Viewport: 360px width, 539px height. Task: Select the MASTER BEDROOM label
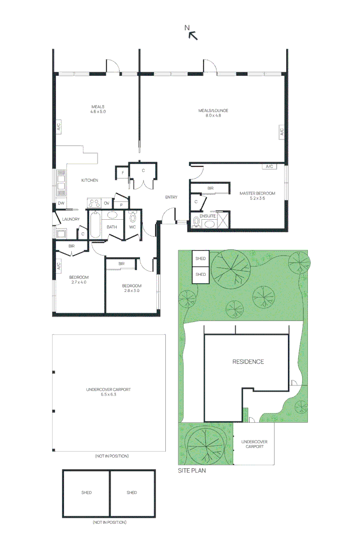(257, 193)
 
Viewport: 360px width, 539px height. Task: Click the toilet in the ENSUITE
(196, 221)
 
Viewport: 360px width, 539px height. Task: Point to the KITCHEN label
(89, 180)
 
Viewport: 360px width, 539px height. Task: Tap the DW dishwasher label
(61, 204)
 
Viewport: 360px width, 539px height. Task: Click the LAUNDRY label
(71, 219)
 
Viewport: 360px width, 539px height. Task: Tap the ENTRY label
(171, 197)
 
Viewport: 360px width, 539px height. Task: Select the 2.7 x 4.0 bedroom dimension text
(79, 282)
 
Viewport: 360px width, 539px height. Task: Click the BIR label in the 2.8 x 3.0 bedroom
(122, 264)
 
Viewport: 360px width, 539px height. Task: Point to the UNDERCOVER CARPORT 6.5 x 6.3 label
(108, 392)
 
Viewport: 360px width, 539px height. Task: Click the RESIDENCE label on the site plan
(248, 362)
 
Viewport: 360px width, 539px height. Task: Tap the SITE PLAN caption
(192, 470)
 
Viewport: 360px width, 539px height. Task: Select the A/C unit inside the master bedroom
(269, 167)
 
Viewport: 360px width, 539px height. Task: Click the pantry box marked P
(121, 205)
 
